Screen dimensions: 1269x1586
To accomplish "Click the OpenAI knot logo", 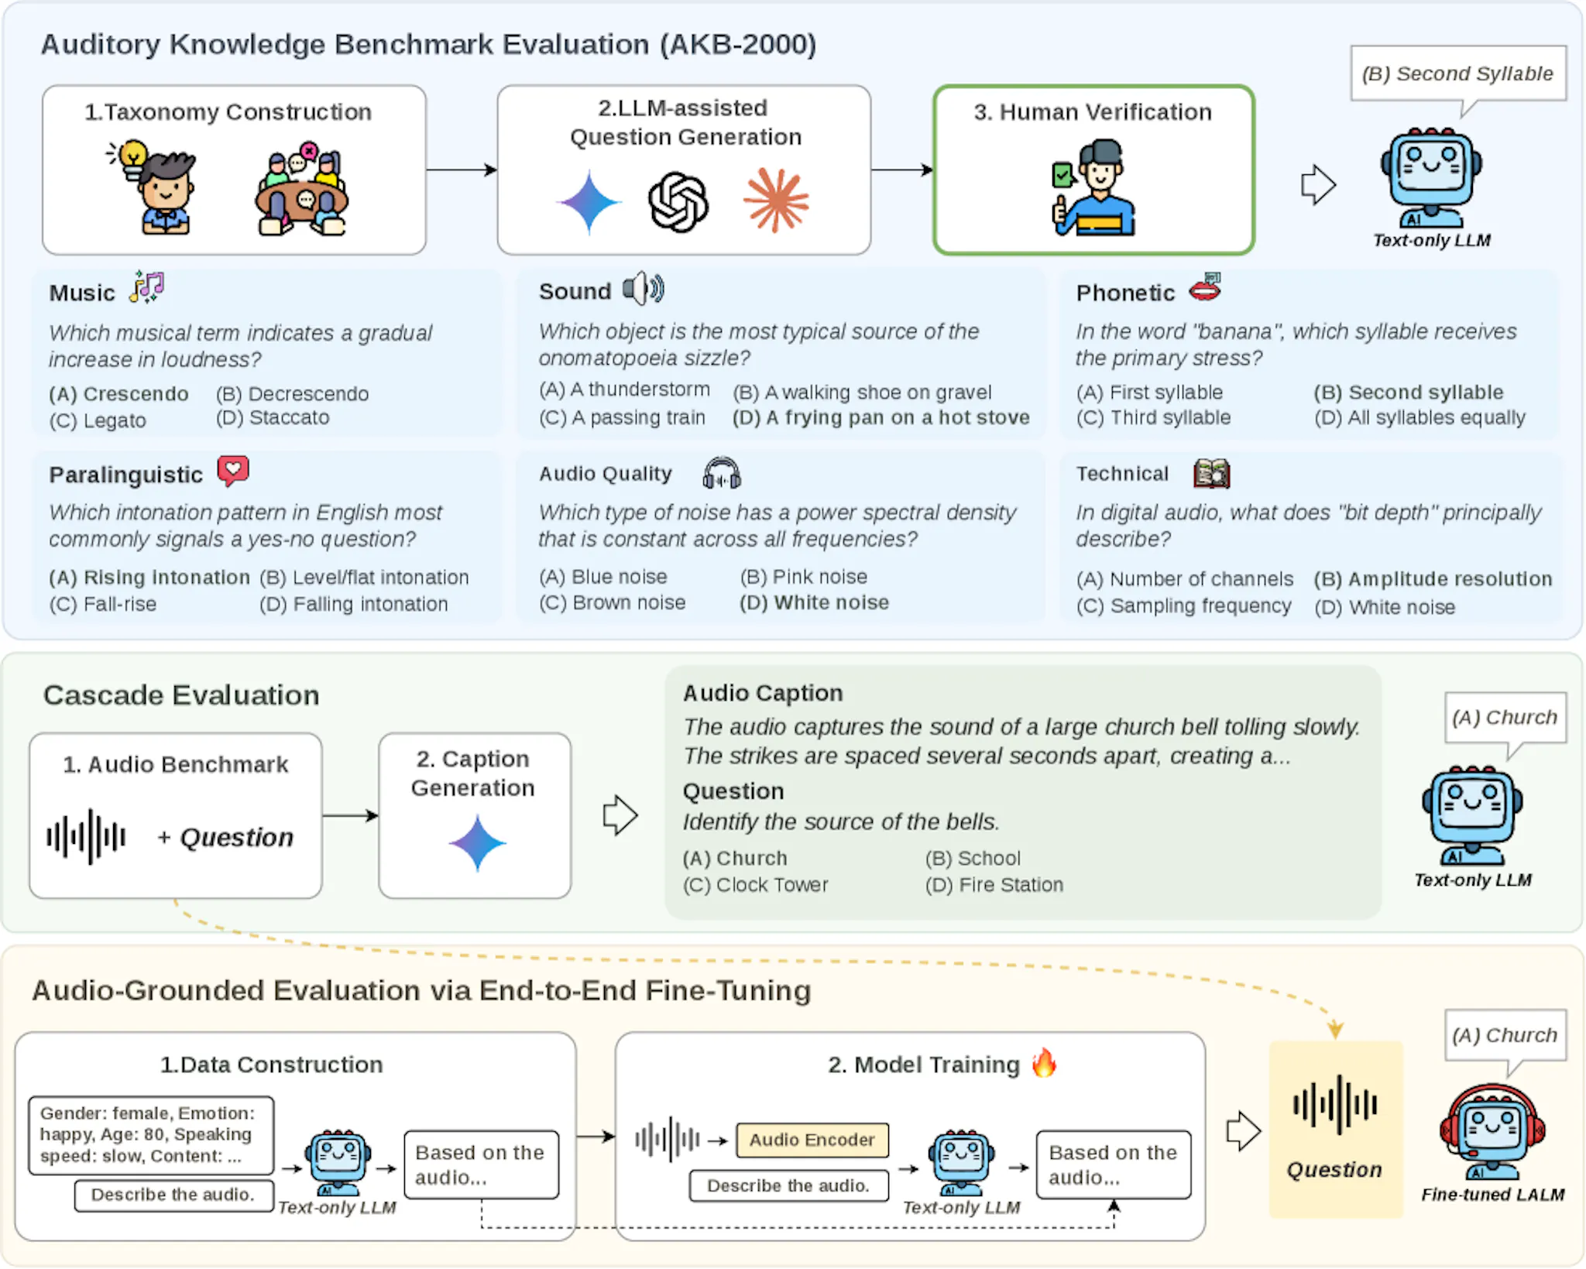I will pyautogui.click(x=678, y=203).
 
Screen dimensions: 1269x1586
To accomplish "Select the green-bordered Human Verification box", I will pyautogui.click(x=1093, y=170).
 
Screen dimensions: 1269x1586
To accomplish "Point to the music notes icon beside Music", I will pyautogui.click(x=147, y=286).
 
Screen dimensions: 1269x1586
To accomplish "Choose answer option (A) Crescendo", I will pyautogui.click(x=118, y=394).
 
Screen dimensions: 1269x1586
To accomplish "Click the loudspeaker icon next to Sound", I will pyautogui.click(x=643, y=289).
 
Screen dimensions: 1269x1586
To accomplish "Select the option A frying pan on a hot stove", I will pyautogui.click(x=881, y=418).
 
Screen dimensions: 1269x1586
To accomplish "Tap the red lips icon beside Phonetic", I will pyautogui.click(x=1205, y=287).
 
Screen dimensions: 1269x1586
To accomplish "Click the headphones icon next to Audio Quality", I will pyautogui.click(x=721, y=473).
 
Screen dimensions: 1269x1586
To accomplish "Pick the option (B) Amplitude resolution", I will pyautogui.click(x=1433, y=579).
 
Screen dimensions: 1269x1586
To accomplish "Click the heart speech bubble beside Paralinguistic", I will pyautogui.click(x=232, y=470).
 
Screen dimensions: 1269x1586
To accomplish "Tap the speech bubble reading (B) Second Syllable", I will pyautogui.click(x=1457, y=74).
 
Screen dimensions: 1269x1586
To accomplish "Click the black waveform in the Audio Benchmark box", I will pyautogui.click(x=86, y=837).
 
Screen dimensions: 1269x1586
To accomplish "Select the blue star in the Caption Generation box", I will pyautogui.click(x=477, y=843).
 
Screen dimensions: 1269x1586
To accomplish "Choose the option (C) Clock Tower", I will pyautogui.click(x=755, y=885).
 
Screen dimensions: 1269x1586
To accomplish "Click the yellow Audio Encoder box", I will pyautogui.click(x=812, y=1140).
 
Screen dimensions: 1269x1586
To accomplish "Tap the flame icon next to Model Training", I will pyautogui.click(x=1044, y=1063).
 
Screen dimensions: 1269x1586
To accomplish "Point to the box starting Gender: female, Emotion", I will pyautogui.click(x=151, y=1134).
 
